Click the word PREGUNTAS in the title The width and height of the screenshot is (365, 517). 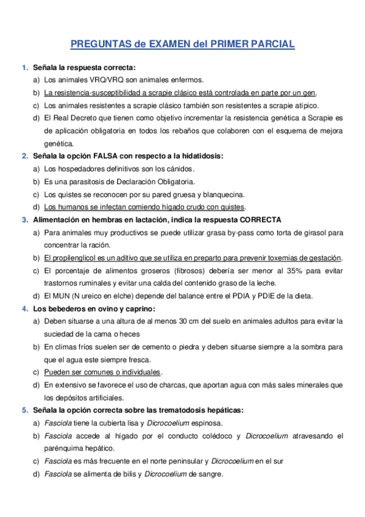pos(101,44)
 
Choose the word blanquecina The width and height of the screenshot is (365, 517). pos(224,194)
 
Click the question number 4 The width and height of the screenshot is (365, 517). pos(25,308)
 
